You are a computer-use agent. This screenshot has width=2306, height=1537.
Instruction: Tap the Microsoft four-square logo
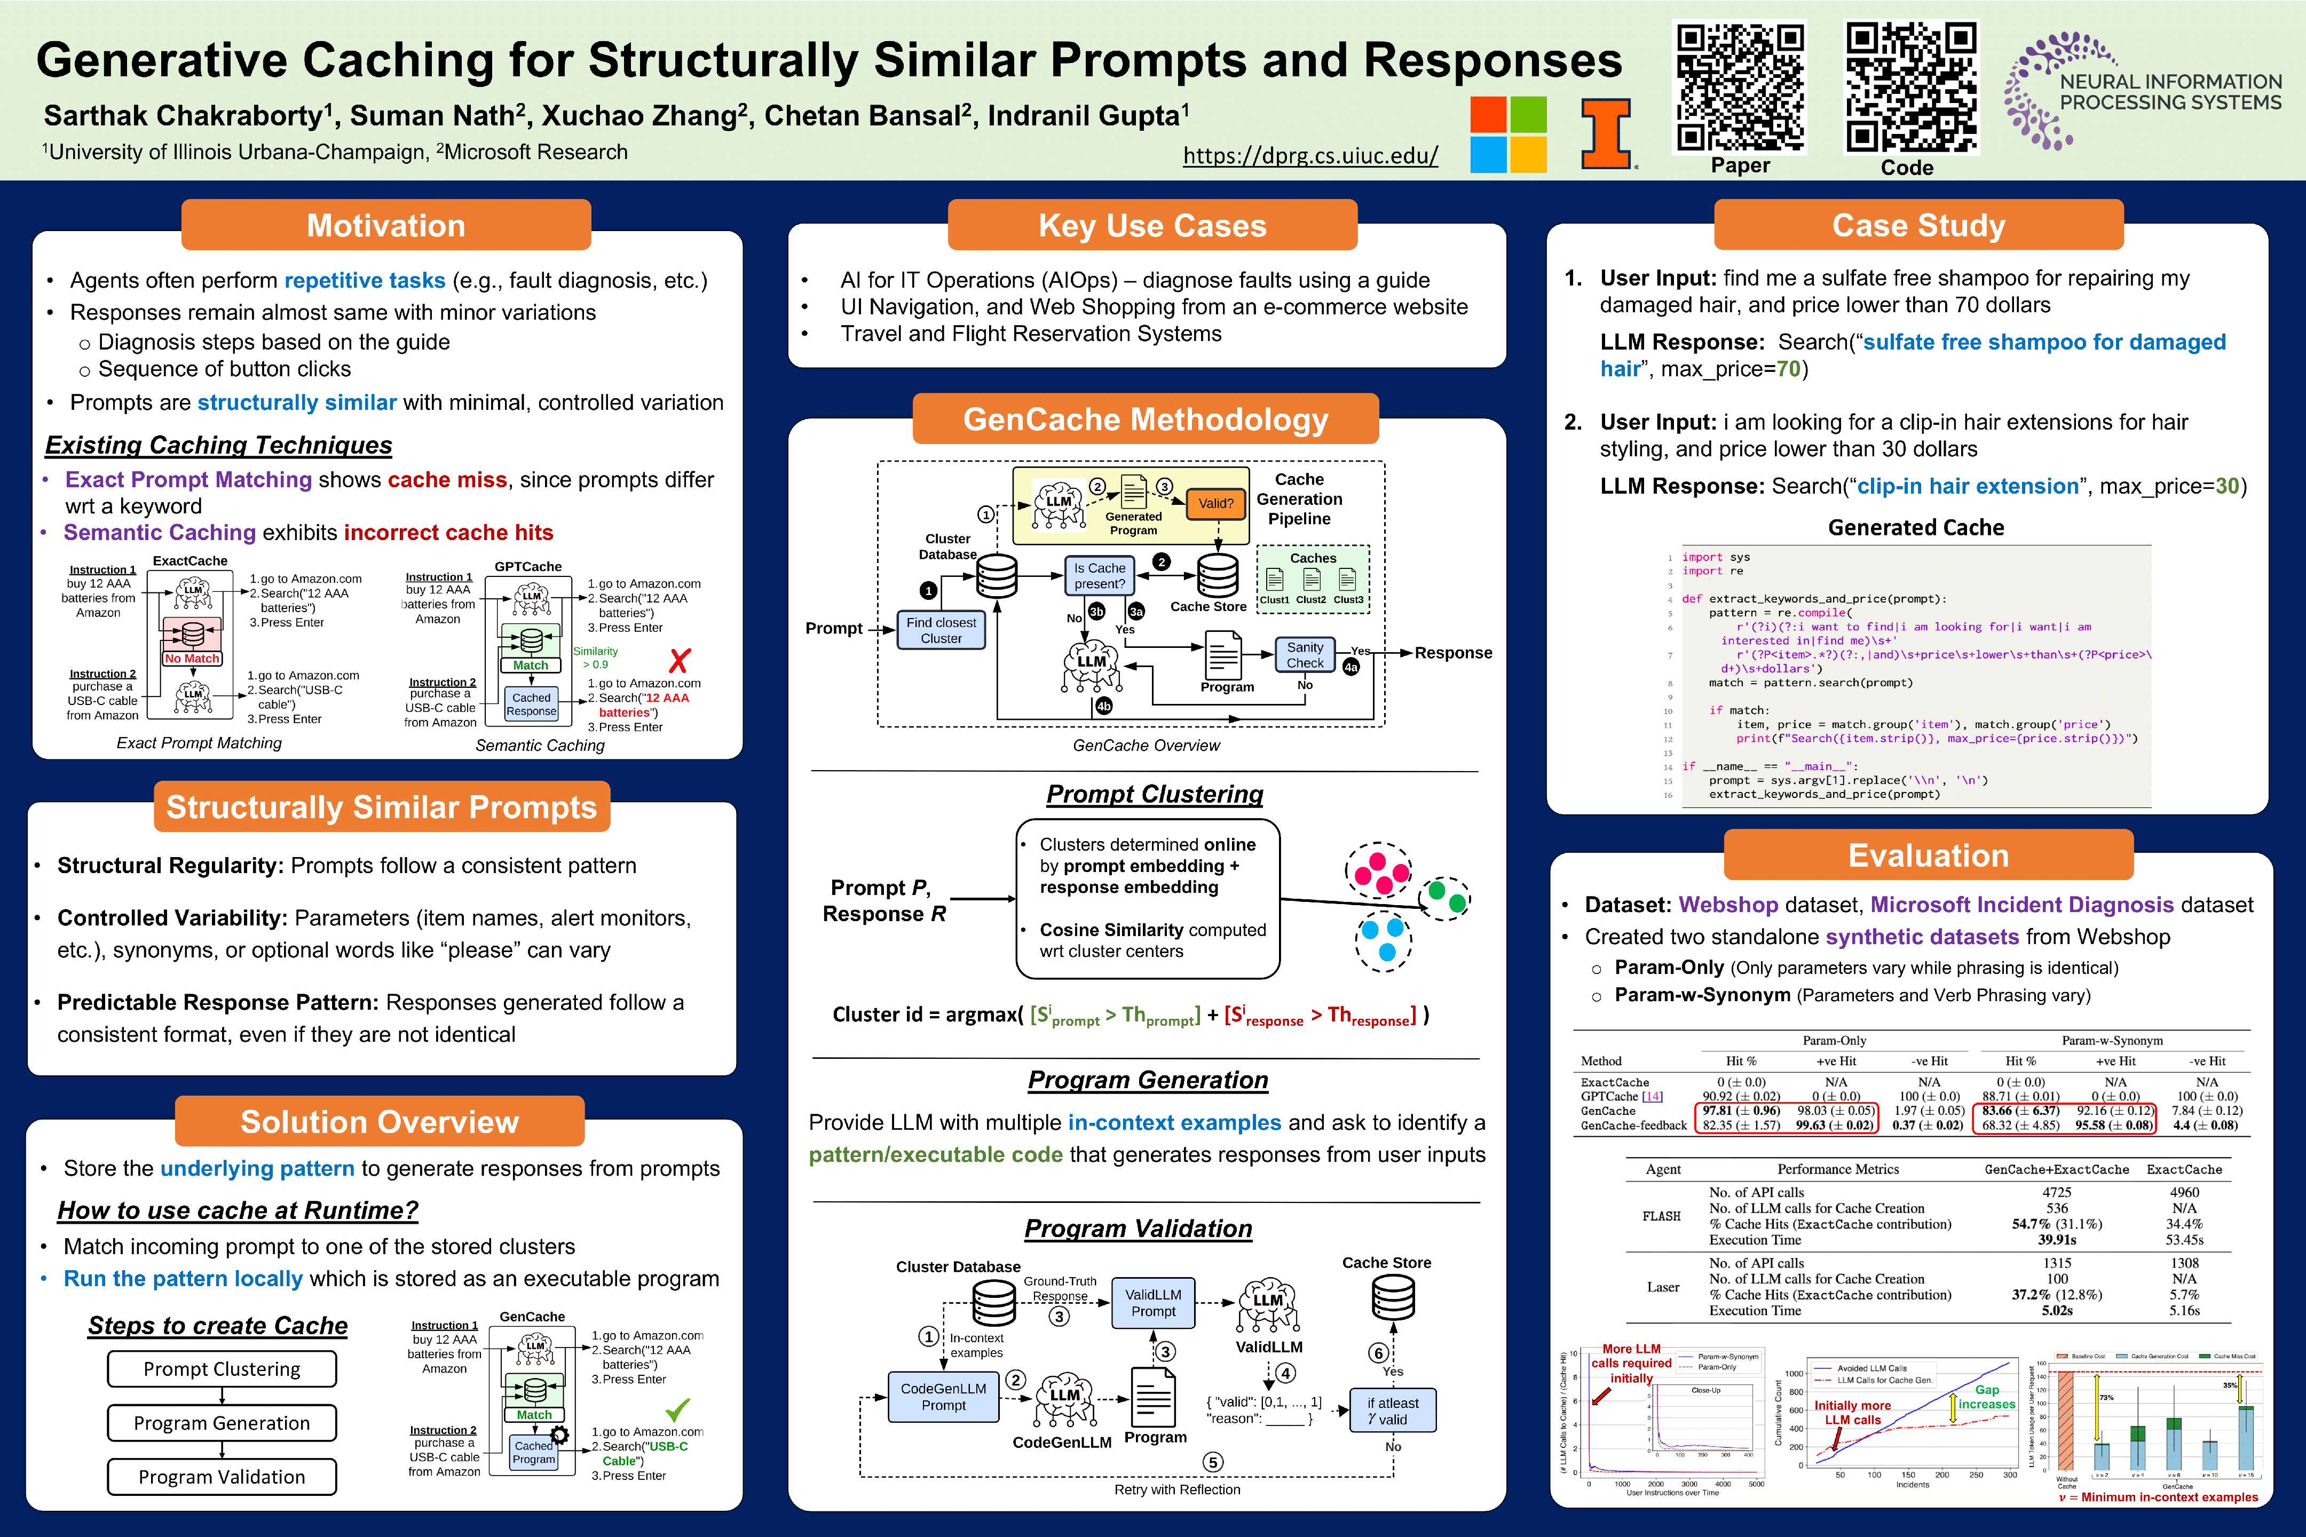[x=1508, y=134]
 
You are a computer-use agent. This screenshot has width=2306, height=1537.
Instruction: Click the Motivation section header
[x=385, y=225]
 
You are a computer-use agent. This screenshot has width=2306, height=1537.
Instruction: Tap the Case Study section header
[x=1918, y=225]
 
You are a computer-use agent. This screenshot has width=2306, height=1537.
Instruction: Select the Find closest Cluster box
[x=940, y=630]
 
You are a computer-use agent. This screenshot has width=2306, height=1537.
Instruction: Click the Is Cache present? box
[x=1099, y=575]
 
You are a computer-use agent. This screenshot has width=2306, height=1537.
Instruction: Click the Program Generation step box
[x=222, y=1422]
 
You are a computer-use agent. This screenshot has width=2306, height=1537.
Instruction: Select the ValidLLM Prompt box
[x=1153, y=1303]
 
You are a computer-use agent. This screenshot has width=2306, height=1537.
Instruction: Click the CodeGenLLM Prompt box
[x=943, y=1397]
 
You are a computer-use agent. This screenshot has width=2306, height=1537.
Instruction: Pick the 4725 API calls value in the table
[x=2056, y=1192]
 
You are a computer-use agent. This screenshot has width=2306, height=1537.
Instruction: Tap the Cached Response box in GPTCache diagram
[x=532, y=704]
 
